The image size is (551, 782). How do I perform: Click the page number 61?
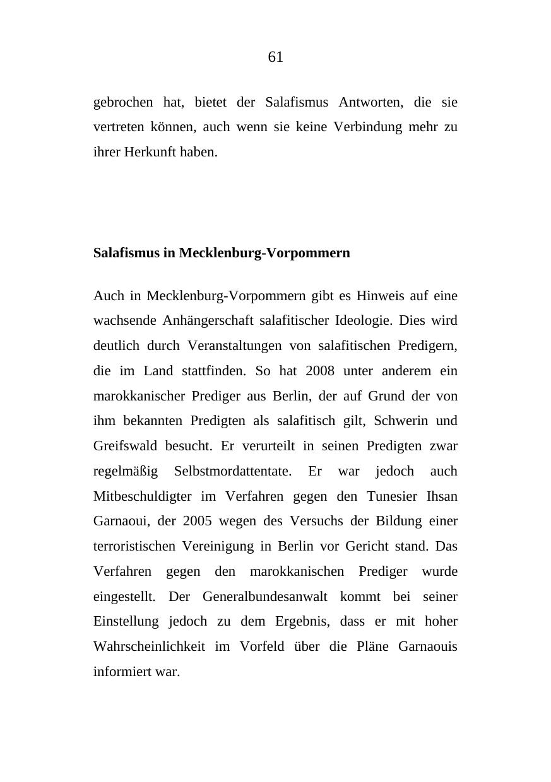(x=276, y=57)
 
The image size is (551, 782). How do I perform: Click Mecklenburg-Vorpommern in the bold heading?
(x=264, y=253)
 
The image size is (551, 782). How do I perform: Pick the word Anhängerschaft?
(x=208, y=320)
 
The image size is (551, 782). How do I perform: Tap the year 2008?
(x=319, y=371)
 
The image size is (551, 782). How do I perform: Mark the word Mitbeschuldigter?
(x=142, y=496)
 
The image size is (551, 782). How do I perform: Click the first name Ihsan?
(x=442, y=496)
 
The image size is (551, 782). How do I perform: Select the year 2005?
(x=197, y=521)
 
